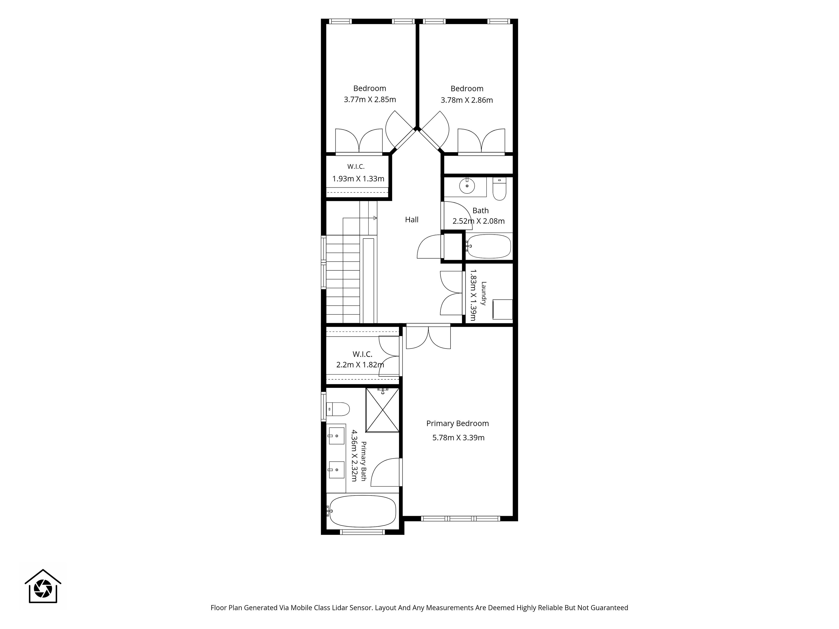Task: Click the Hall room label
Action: pyautogui.click(x=412, y=219)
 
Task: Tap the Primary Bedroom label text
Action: pyautogui.click(x=458, y=423)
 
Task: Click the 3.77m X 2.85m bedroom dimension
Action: pyautogui.click(x=370, y=100)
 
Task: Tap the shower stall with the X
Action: pyautogui.click(x=382, y=410)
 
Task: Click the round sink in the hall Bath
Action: pyautogui.click(x=467, y=186)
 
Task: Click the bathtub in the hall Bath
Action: pyautogui.click(x=489, y=246)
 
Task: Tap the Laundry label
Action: pyautogui.click(x=484, y=294)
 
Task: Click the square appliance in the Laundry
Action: pyautogui.click(x=503, y=309)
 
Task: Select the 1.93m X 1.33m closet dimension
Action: pyautogui.click(x=359, y=179)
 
